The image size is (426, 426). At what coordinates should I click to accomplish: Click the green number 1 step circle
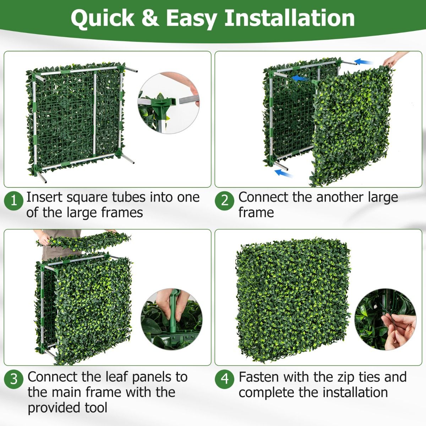pos(14,201)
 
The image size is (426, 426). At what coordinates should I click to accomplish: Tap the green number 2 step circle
pos(224,201)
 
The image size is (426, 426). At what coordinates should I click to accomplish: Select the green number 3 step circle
pos(14,379)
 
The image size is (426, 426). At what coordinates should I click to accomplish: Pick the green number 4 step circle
pos(224,379)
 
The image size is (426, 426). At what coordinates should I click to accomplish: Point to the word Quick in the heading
pos(103,18)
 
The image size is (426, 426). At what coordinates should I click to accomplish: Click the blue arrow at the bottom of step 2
pos(284,173)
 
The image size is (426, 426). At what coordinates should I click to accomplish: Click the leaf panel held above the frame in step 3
pos(83,241)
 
